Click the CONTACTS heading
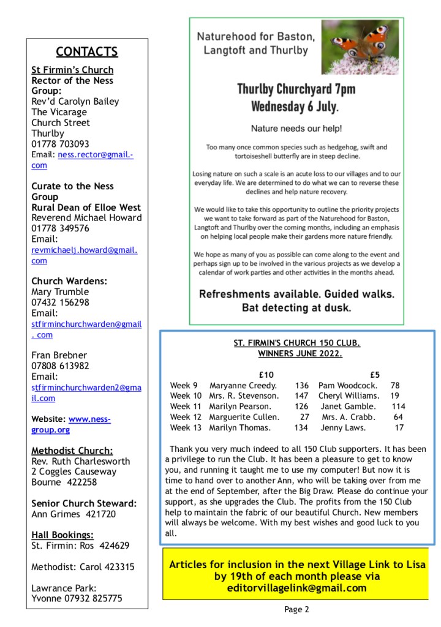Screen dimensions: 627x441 point(87,51)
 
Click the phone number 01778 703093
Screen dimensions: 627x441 point(60,144)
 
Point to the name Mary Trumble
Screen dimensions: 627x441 point(60,291)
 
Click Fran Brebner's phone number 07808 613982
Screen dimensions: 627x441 point(60,366)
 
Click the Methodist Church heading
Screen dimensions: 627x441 point(72,451)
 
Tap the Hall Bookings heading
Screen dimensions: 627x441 point(62,535)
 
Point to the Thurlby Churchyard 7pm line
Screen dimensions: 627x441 point(296,89)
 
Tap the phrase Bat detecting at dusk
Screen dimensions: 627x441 point(296,307)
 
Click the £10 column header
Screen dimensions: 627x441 point(266,375)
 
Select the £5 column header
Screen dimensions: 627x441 point(375,375)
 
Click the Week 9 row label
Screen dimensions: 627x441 point(184,385)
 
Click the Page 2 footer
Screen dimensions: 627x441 point(296,609)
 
